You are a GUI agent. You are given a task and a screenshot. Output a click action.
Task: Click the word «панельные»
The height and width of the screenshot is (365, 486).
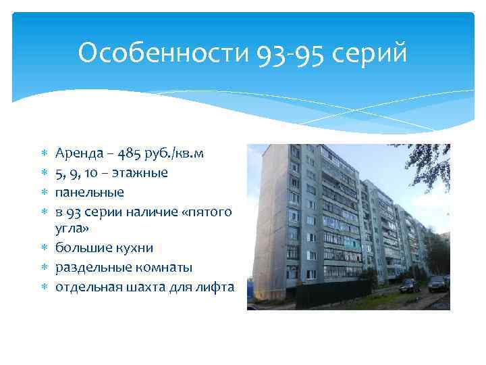tap(90, 192)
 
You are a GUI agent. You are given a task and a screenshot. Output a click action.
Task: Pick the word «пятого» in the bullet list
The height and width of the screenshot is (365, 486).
tap(210, 212)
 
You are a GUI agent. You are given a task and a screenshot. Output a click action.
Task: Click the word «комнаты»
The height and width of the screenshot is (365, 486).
tap(159, 268)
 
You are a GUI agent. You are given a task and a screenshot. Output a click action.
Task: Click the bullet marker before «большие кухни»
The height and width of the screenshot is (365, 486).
tap(43, 249)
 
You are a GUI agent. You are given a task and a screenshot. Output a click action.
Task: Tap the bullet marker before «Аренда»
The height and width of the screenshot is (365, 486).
tap(43, 153)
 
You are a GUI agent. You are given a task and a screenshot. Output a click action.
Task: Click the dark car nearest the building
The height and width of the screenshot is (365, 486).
tap(409, 286)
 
